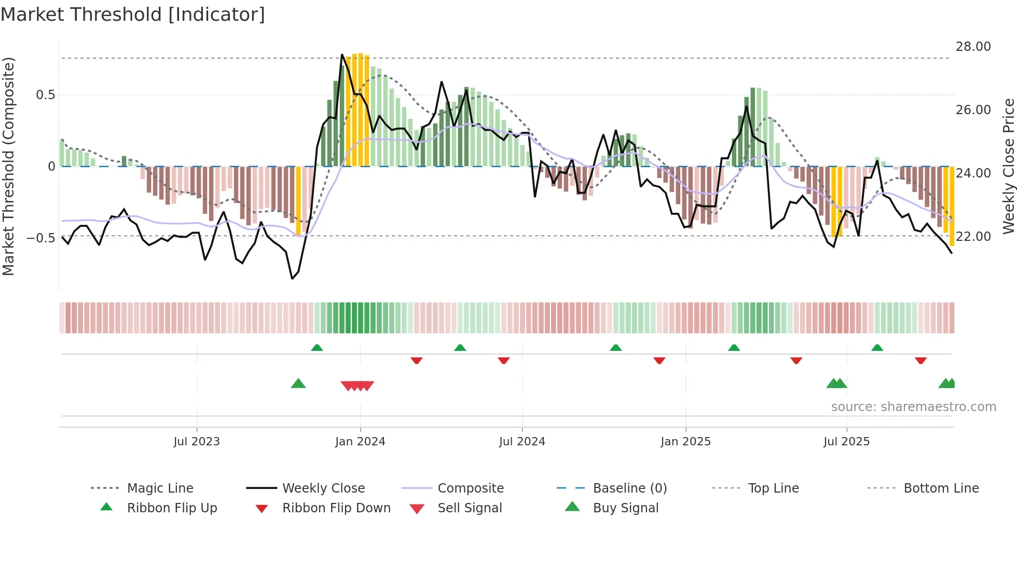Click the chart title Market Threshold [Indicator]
133,15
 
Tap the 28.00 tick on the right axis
973,47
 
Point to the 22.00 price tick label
973,237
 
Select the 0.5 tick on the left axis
45,95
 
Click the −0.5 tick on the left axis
40,238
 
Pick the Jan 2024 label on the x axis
360,442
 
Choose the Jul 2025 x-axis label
846,442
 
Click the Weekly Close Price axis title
1008,166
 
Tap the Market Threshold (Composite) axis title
8,166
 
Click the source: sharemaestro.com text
913,407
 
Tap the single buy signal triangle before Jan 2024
298,384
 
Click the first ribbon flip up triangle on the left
317,347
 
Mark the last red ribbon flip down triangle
921,360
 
